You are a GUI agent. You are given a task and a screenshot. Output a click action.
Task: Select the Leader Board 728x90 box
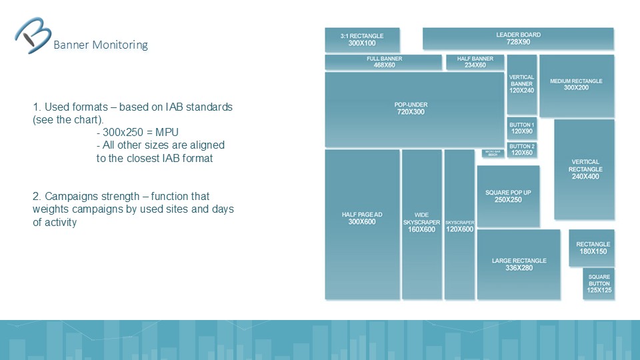[x=518, y=39]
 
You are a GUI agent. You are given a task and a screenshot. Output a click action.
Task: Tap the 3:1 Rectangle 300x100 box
[x=362, y=39]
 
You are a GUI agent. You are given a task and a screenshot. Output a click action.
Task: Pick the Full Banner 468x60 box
[x=383, y=62]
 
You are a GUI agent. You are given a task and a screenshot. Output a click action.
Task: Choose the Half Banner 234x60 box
[x=475, y=62]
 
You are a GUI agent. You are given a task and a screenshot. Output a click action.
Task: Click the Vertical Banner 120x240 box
[x=521, y=85]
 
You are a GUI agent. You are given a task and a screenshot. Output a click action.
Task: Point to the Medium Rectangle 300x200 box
[x=576, y=85]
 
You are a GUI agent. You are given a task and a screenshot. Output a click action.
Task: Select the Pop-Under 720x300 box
[x=414, y=109]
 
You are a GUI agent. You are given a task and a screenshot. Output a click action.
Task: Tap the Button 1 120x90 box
[x=521, y=129]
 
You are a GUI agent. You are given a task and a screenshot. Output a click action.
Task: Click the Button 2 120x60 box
[x=521, y=149]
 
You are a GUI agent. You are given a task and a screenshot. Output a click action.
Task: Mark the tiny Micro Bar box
[x=493, y=153]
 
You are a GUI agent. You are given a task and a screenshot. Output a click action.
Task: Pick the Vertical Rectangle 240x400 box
[x=584, y=169]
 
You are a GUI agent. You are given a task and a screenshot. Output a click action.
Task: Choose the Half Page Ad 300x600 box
[x=362, y=224]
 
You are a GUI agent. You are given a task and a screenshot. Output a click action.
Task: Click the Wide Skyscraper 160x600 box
[x=421, y=224]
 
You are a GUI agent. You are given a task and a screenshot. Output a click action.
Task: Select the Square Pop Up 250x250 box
[x=508, y=196]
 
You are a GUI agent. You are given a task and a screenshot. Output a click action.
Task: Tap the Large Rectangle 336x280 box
[x=519, y=264]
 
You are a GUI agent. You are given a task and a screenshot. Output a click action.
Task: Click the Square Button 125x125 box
[x=599, y=283]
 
